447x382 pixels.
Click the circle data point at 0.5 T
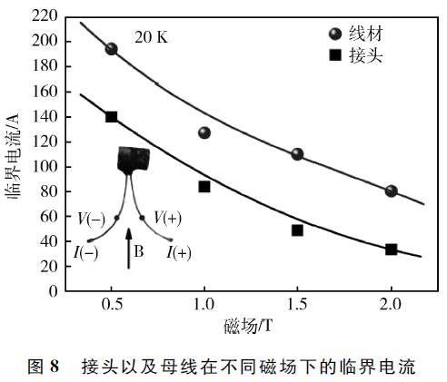(x=112, y=49)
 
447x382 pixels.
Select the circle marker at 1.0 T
(x=204, y=132)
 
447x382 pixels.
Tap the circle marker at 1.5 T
(x=297, y=154)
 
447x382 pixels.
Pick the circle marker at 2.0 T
(x=391, y=191)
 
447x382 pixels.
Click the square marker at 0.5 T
(x=112, y=117)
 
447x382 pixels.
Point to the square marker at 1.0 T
(x=204, y=187)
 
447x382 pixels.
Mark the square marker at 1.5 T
(x=297, y=230)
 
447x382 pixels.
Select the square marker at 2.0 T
(x=391, y=250)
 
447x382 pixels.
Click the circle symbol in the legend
(x=335, y=34)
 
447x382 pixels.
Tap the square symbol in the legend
(x=335, y=55)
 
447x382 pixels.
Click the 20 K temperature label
(x=151, y=37)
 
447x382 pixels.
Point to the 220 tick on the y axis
(x=45, y=15)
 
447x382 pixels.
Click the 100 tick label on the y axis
(x=45, y=167)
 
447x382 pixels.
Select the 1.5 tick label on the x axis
(x=297, y=304)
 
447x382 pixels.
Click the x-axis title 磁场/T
(x=248, y=326)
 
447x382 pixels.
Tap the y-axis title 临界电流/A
(x=12, y=155)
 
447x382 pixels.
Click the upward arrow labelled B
(x=129, y=248)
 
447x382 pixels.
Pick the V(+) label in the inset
(x=167, y=218)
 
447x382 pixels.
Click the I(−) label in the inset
(x=85, y=253)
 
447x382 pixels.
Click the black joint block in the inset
(x=134, y=159)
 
